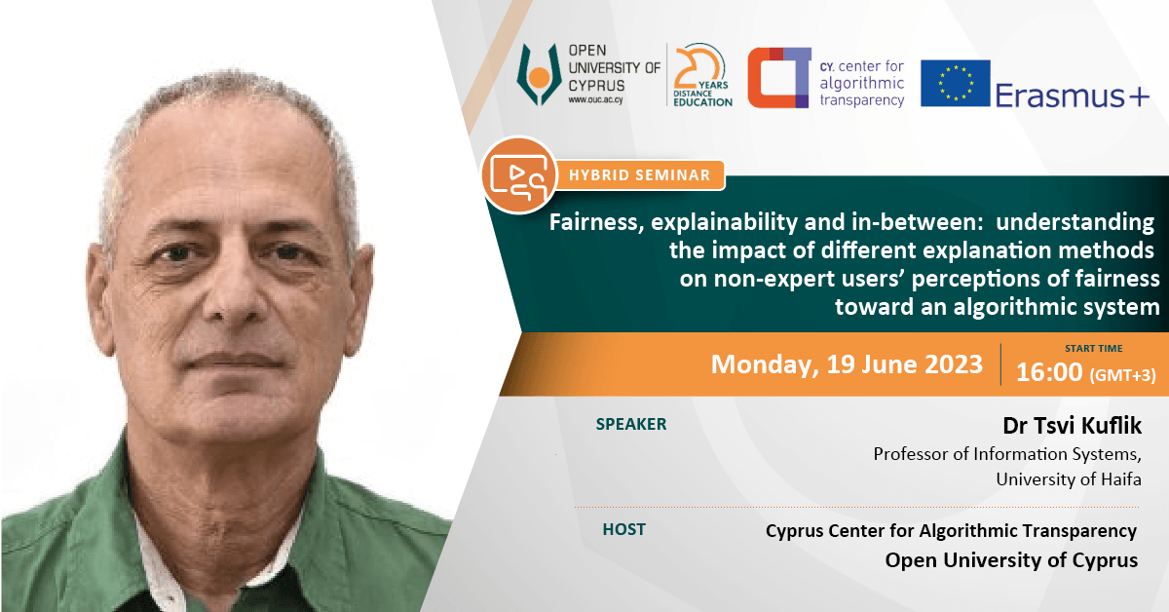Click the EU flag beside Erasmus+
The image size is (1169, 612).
pyautogui.click(x=955, y=83)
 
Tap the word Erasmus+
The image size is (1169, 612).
pyautogui.click(x=1073, y=96)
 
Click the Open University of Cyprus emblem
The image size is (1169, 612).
pyautogui.click(x=539, y=75)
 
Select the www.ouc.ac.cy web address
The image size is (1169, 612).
pyautogui.click(x=595, y=99)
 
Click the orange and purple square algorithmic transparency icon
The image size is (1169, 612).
pyautogui.click(x=779, y=78)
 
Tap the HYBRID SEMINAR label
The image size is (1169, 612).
pyautogui.click(x=639, y=175)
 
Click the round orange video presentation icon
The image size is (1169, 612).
pyautogui.click(x=518, y=175)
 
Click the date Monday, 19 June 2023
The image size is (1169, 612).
pyautogui.click(x=847, y=363)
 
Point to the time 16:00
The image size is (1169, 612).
pyautogui.click(x=1049, y=372)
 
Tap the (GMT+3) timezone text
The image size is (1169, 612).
pyautogui.click(x=1122, y=375)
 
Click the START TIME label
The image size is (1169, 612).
pyautogui.click(x=1093, y=348)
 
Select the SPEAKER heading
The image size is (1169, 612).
pyautogui.click(x=631, y=424)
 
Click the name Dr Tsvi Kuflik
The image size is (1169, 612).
pyautogui.click(x=1072, y=426)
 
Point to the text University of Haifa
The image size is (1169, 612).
pyautogui.click(x=1069, y=478)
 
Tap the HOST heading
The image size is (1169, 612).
pyautogui.click(x=623, y=529)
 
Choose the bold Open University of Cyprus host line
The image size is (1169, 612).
pyautogui.click(x=1011, y=560)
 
